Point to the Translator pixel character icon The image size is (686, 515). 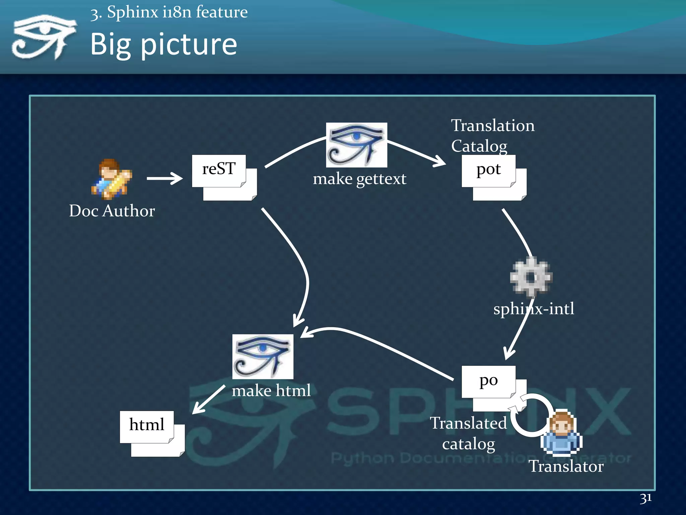click(561, 434)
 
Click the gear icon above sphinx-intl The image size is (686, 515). click(531, 277)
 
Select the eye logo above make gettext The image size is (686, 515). click(356, 145)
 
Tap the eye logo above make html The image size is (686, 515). click(263, 356)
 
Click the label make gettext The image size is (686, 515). click(359, 179)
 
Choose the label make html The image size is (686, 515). click(271, 391)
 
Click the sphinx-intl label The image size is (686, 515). click(534, 309)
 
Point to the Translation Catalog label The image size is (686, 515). click(492, 135)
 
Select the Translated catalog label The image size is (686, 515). click(468, 433)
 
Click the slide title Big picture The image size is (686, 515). click(163, 44)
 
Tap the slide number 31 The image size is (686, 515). click(645, 498)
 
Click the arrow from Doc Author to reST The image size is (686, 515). click(164, 178)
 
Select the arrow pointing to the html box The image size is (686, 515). click(208, 400)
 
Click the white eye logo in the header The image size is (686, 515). click(44, 37)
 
